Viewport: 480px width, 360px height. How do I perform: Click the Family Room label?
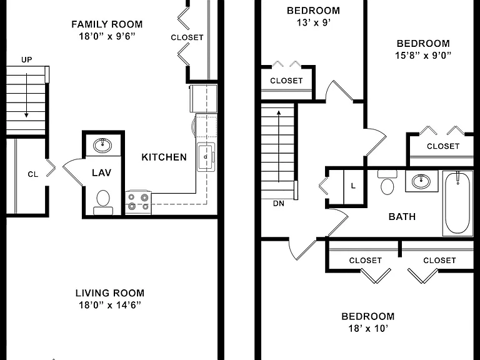[107, 24]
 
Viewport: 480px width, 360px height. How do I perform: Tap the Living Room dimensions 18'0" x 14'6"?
[110, 305]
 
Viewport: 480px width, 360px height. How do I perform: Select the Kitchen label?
[164, 157]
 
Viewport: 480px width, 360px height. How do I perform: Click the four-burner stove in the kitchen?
[138, 202]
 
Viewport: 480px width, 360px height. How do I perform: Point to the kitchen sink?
[206, 157]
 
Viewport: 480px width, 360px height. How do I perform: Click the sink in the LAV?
[102, 145]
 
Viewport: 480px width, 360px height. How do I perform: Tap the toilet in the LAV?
[103, 202]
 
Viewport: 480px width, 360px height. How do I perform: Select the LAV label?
[101, 172]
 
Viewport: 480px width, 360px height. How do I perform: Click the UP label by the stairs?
[27, 60]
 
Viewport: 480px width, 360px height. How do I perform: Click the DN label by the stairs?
[279, 203]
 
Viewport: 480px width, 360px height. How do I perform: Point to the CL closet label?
[32, 174]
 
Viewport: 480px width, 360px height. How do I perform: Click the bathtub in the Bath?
[457, 203]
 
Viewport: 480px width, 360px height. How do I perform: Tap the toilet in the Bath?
[387, 182]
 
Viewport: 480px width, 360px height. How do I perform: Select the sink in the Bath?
[421, 181]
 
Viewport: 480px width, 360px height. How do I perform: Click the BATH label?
[402, 217]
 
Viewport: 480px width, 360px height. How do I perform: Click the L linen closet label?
[353, 186]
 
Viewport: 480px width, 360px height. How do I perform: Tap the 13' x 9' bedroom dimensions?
[314, 22]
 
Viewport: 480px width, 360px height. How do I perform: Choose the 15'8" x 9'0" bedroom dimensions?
[423, 56]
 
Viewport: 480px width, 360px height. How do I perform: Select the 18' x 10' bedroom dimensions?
[368, 329]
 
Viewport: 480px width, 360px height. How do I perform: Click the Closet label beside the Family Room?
[187, 37]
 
